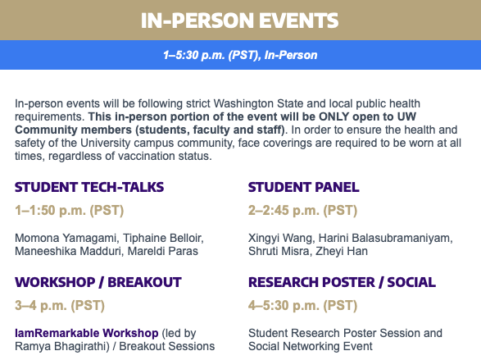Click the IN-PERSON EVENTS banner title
coord(239,21)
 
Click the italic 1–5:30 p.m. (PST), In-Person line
coord(240,55)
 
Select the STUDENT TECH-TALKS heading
coord(89,187)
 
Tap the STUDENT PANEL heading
coord(304,187)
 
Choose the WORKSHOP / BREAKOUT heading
coord(98,282)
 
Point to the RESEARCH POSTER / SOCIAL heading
coord(342,282)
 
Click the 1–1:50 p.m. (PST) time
coord(70,211)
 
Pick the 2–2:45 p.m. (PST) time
coord(302,211)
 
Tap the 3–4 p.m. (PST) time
coord(60,306)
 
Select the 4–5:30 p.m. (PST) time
coord(302,306)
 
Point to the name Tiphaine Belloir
coord(163,238)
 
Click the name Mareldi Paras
coord(162,251)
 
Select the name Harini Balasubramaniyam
coord(385,238)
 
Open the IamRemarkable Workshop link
coord(87,333)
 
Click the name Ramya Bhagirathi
coord(61,347)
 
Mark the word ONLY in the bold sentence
coord(334,117)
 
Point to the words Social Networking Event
coord(310,347)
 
